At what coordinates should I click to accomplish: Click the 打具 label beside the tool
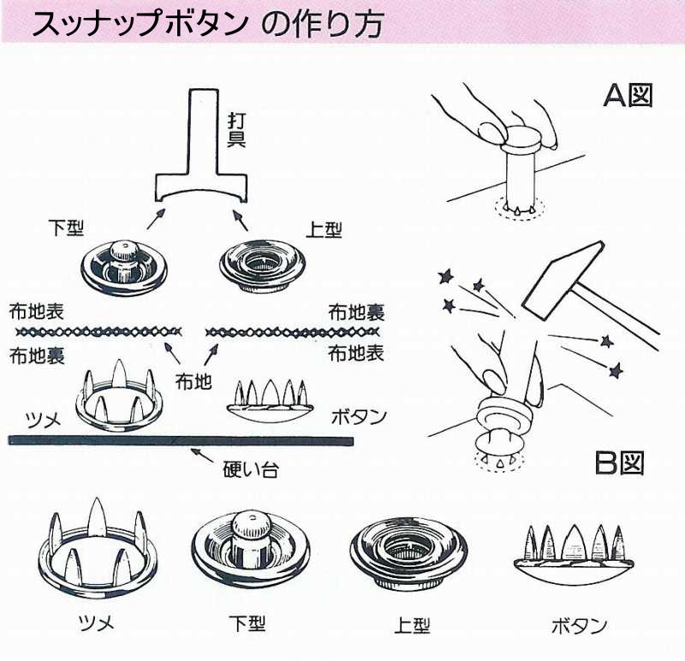(x=236, y=129)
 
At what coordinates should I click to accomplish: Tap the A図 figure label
(x=628, y=95)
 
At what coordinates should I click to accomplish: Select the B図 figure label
(x=619, y=463)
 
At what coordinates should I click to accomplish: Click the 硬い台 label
(x=250, y=470)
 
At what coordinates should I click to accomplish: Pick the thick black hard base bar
(x=181, y=441)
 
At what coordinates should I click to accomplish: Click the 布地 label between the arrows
(x=194, y=381)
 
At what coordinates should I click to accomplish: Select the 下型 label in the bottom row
(x=247, y=623)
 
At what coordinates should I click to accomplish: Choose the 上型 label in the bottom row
(x=412, y=625)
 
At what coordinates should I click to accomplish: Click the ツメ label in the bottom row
(x=96, y=622)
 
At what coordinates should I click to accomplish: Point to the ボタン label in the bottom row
(x=580, y=626)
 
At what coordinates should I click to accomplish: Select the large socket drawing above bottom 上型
(x=408, y=552)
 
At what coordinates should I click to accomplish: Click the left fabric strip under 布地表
(x=98, y=332)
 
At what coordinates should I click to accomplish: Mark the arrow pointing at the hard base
(x=202, y=455)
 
